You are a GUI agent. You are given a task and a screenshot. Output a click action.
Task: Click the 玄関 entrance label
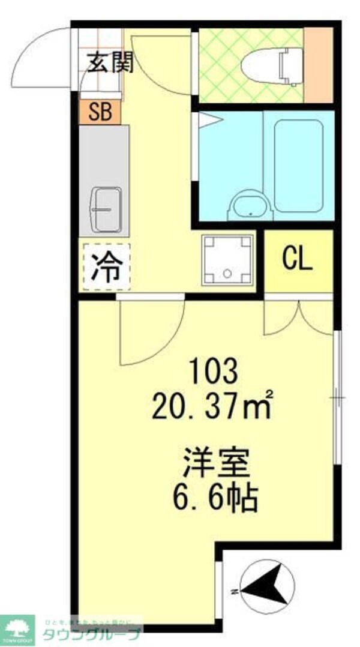tap(109, 62)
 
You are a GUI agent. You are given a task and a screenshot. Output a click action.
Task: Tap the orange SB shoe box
tap(100, 112)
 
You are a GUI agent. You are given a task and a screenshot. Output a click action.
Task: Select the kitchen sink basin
tap(106, 209)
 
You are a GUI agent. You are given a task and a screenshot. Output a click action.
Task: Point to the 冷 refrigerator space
tap(106, 266)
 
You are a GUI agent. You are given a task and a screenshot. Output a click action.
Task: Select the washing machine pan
tap(227, 259)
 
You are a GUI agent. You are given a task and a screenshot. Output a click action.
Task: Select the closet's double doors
tap(298, 317)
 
